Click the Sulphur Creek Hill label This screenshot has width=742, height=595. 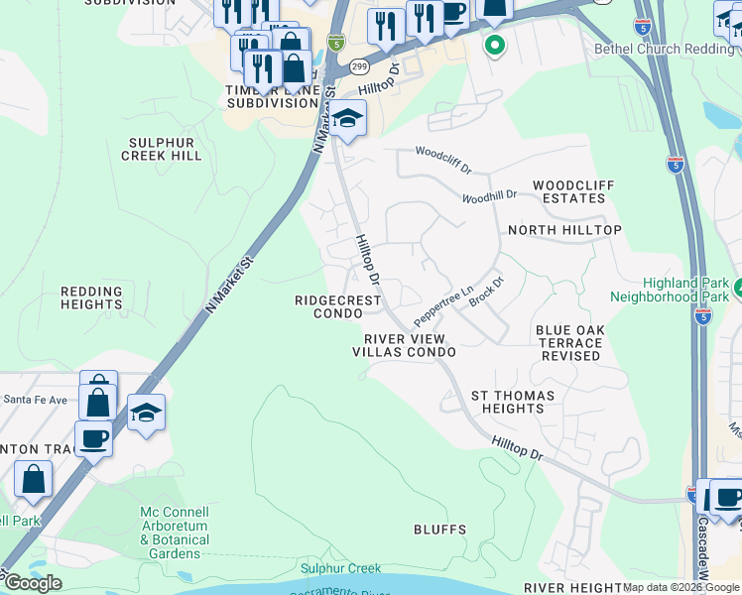tap(162, 148)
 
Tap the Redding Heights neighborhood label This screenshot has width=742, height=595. tap(91, 297)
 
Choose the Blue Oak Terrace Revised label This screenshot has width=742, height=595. tap(570, 342)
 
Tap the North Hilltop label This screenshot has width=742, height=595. tap(564, 230)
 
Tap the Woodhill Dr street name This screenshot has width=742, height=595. tap(489, 196)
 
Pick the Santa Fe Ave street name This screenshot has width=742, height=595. tap(35, 400)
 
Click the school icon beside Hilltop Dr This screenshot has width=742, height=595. tap(347, 119)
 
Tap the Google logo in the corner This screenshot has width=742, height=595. tap(33, 582)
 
